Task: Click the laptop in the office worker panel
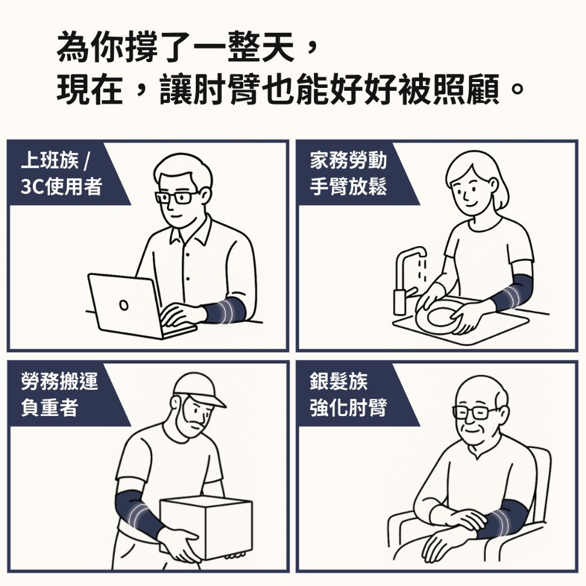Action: [x=126, y=305]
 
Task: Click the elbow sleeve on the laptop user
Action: [x=225, y=309]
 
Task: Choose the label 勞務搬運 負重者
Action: [x=59, y=394]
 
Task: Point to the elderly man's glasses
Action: [x=475, y=412]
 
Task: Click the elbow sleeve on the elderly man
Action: [x=501, y=519]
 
